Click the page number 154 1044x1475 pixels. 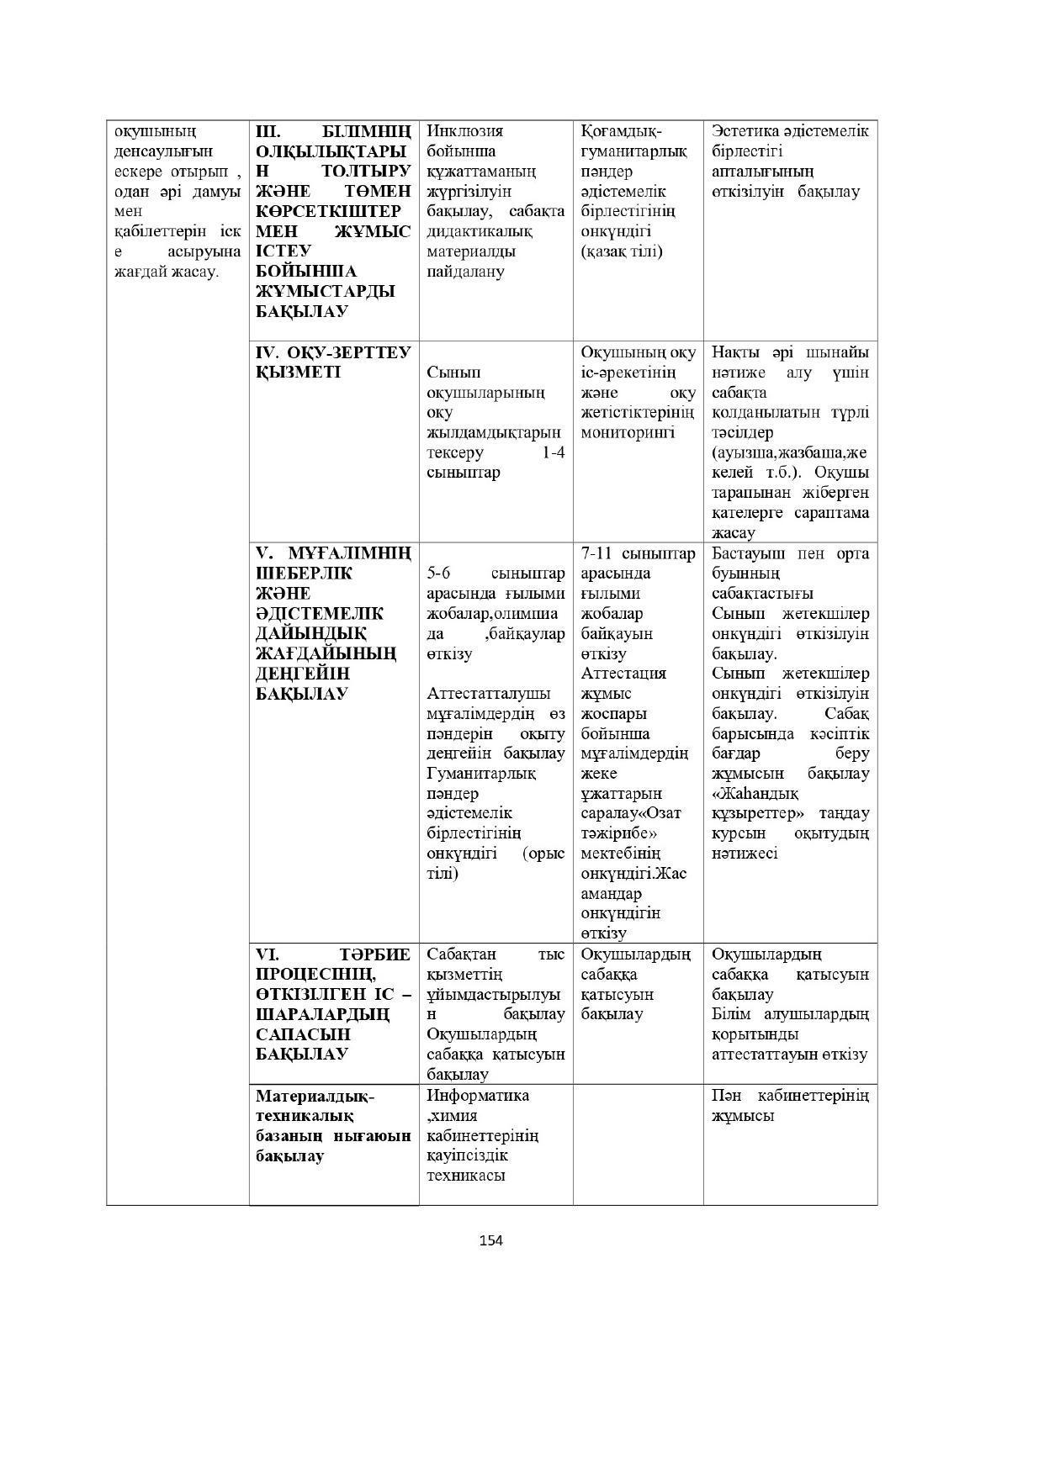[490, 1240]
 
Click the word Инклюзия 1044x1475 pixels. [465, 131]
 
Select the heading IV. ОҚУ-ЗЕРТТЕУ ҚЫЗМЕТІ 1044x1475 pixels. [333, 362]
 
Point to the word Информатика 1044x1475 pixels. [478, 1096]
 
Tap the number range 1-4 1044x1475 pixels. [553, 452]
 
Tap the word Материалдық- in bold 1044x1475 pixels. [315, 1097]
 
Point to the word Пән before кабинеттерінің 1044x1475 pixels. [728, 1096]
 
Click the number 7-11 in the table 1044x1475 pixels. [597, 553]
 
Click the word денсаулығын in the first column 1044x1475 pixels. [163, 151]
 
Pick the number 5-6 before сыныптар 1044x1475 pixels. [439, 574]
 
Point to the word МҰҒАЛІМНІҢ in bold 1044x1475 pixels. [350, 553]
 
